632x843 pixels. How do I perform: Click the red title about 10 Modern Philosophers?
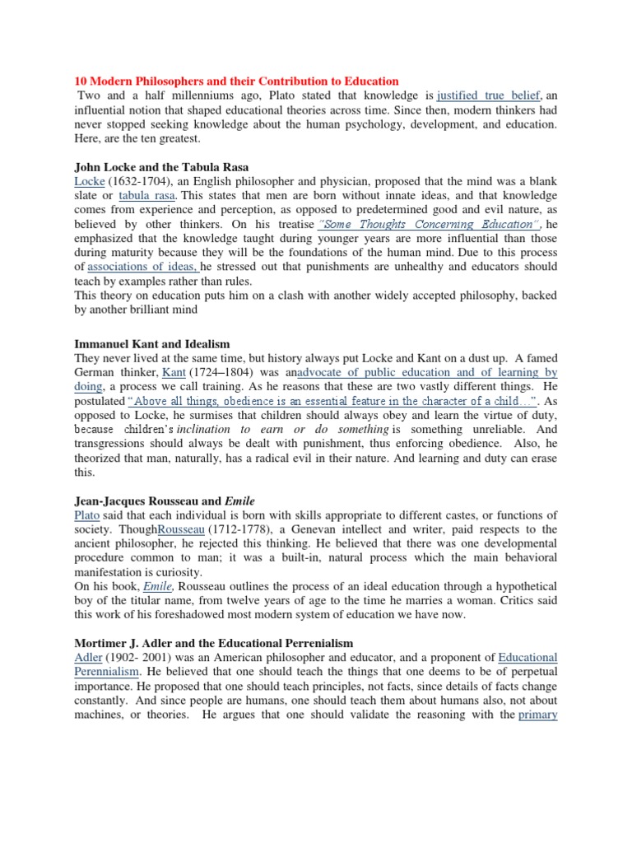(236, 81)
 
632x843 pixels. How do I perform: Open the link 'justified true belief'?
(488, 95)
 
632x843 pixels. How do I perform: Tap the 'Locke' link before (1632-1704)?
(90, 182)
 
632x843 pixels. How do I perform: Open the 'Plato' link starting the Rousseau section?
(88, 515)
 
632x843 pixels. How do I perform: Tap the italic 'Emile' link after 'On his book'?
(156, 587)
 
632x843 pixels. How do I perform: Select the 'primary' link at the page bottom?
(537, 715)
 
